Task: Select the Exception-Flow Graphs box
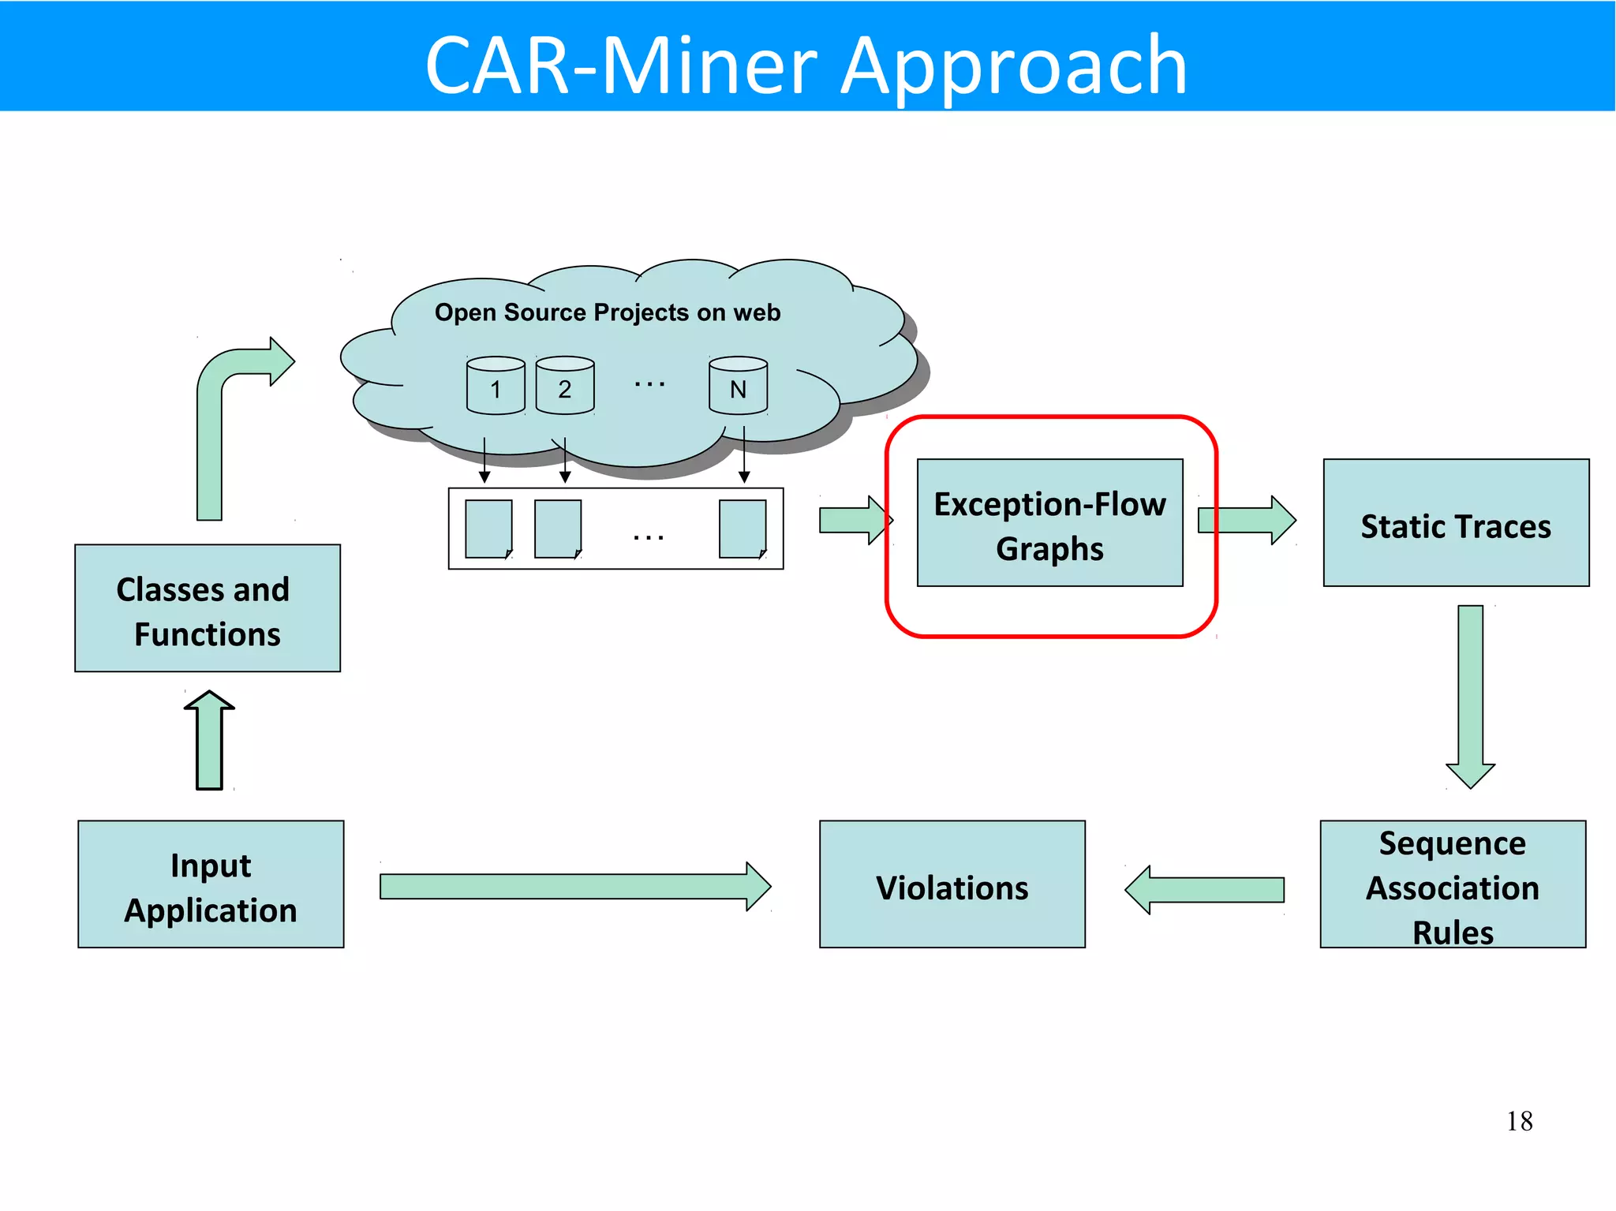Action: pyautogui.click(x=1049, y=523)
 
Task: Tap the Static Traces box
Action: pyautogui.click(x=1456, y=523)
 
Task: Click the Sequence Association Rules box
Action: pyautogui.click(x=1453, y=884)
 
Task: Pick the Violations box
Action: pyautogui.click(x=952, y=884)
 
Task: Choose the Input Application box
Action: pyautogui.click(x=211, y=884)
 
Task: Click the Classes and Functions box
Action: pyautogui.click(x=208, y=608)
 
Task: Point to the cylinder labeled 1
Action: pyautogui.click(x=496, y=387)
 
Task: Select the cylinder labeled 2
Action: pyautogui.click(x=565, y=387)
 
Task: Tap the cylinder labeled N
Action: pyautogui.click(x=738, y=387)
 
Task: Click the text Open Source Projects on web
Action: pyautogui.click(x=607, y=312)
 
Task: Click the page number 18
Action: pyautogui.click(x=1519, y=1121)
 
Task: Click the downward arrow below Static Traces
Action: pyautogui.click(x=1470, y=694)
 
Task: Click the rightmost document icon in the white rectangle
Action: pyautogui.click(x=743, y=529)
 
